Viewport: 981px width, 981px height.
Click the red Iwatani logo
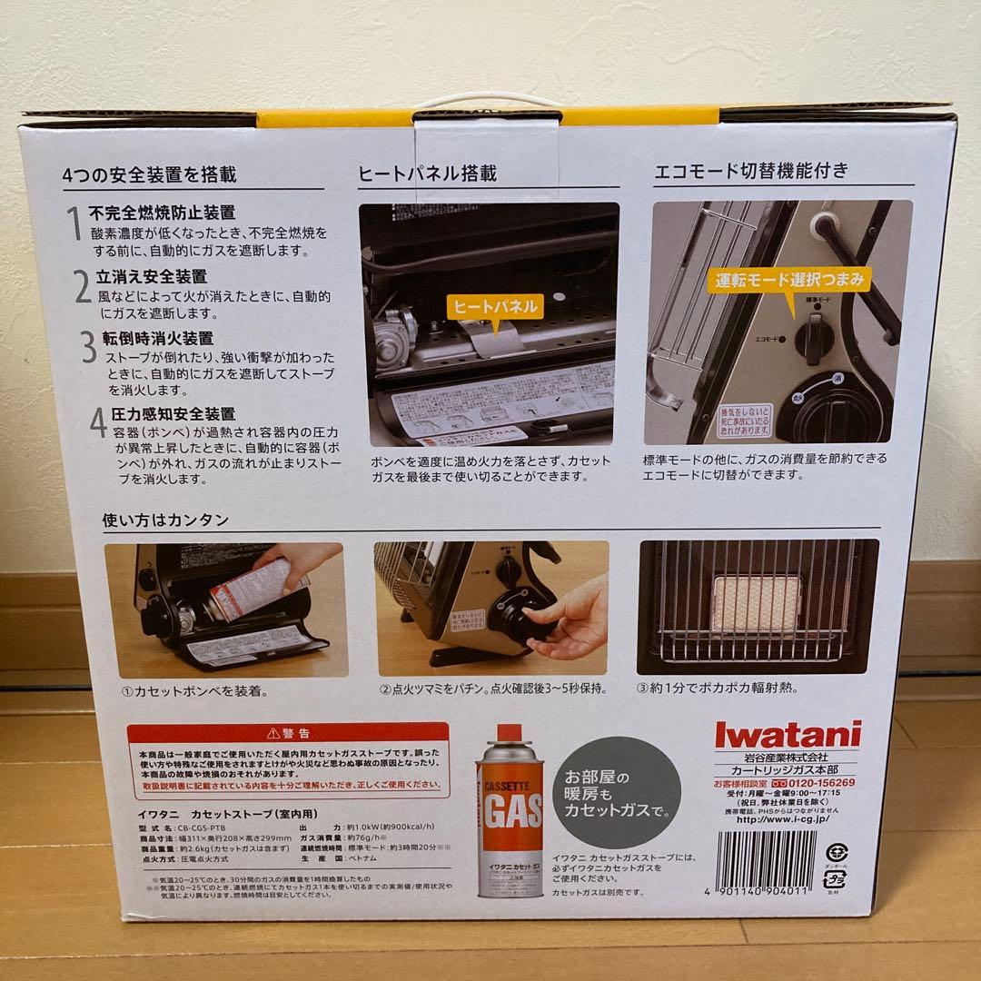coord(787,734)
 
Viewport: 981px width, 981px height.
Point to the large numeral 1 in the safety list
coord(75,223)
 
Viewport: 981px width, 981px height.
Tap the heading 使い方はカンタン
coord(165,520)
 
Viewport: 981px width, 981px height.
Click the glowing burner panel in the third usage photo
coord(757,603)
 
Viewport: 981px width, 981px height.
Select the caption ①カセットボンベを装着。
coord(194,691)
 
